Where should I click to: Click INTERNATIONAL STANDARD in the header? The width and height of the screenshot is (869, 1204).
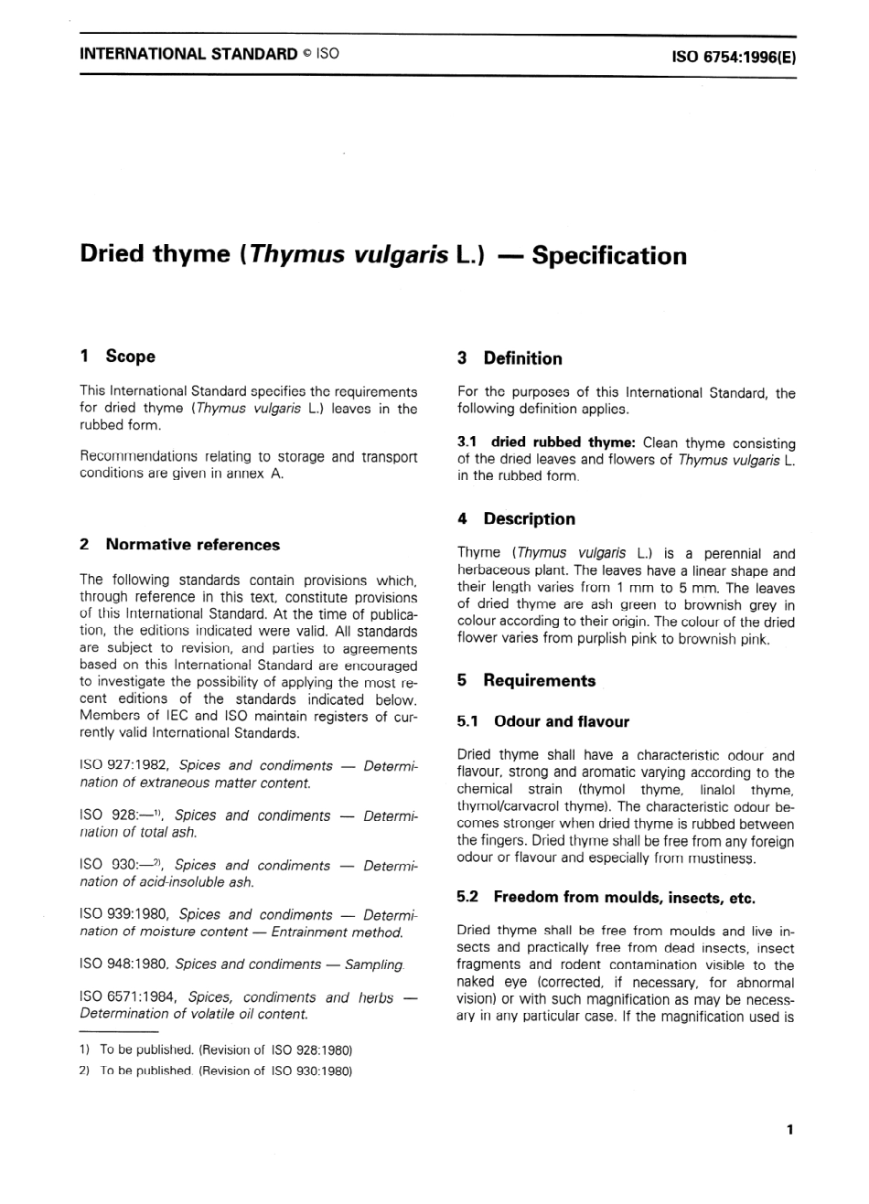click(x=188, y=54)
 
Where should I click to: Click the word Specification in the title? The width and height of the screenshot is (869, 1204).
click(x=608, y=255)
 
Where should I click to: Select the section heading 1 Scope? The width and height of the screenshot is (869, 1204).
click(x=118, y=357)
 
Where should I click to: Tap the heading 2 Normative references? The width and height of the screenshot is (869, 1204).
click(x=180, y=545)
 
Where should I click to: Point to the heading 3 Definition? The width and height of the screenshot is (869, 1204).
click(x=510, y=358)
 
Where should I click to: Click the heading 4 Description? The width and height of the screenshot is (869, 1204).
click(x=516, y=519)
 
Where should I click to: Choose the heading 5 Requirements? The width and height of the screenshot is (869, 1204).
click(x=526, y=681)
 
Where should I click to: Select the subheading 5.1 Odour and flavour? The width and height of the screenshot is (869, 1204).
click(x=543, y=722)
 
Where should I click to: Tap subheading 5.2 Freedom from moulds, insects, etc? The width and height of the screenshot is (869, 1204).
click(x=606, y=898)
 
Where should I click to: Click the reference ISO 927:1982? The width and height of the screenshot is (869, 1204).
click(x=123, y=766)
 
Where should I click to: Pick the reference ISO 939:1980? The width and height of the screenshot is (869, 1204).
click(x=123, y=915)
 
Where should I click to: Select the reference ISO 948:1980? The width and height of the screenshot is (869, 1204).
click(x=123, y=964)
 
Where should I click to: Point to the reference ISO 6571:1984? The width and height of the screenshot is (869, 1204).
click(x=127, y=998)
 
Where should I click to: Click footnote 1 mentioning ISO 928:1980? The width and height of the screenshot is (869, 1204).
click(x=217, y=1050)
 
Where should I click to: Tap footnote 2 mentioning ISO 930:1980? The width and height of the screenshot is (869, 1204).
click(x=217, y=1071)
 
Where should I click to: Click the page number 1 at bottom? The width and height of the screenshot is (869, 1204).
click(x=789, y=1130)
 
